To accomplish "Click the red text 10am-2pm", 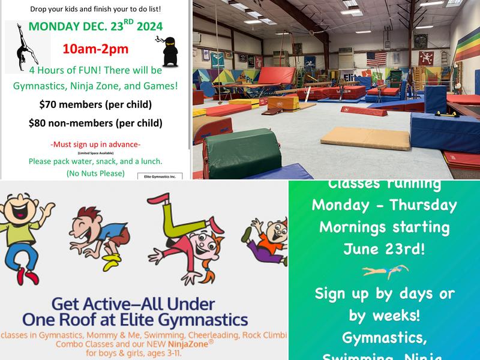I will click(95, 49).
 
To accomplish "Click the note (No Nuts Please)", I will click(95, 173).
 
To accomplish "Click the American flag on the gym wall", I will click(376, 59).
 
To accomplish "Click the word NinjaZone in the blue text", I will click(178, 344).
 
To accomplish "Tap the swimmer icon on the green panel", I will click(385, 272).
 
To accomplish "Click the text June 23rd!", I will click(385, 249).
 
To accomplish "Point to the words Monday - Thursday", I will click(385, 205).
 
